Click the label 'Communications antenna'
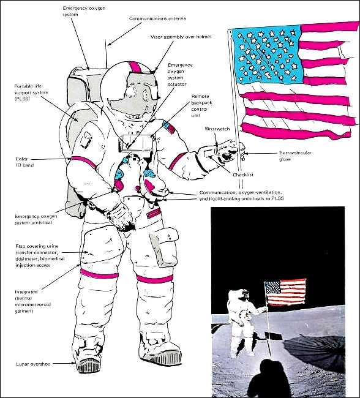(157, 18)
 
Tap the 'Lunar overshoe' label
(33, 364)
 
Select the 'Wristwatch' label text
(217, 129)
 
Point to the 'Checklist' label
(243, 175)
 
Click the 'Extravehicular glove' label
(295, 156)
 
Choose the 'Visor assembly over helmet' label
(181, 37)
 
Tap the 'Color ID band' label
(24, 162)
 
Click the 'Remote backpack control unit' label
(202, 106)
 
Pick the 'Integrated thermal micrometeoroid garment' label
(32, 301)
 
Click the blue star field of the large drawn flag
(267, 54)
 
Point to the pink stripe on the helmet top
(135, 67)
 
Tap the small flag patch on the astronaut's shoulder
(169, 127)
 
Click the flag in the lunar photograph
(285, 292)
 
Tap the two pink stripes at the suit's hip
(154, 213)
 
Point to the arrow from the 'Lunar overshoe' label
(64, 363)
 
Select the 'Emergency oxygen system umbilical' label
(36, 220)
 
